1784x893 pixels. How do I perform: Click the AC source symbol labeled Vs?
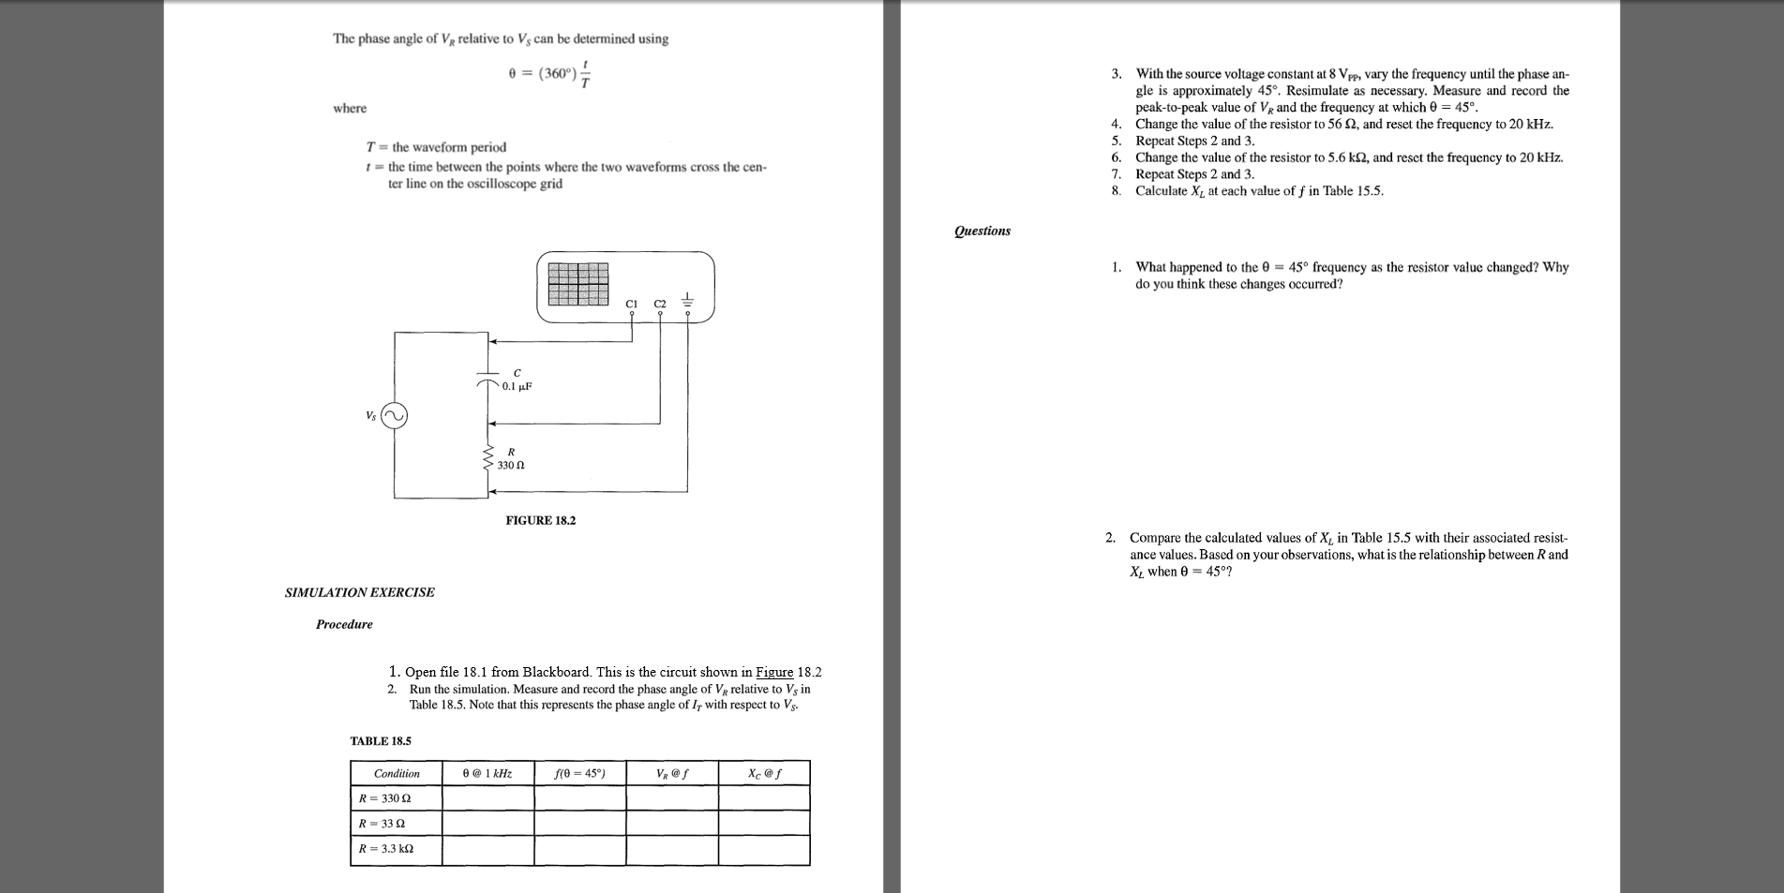pyautogui.click(x=395, y=416)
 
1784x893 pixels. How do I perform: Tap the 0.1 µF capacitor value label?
pyautogui.click(x=517, y=386)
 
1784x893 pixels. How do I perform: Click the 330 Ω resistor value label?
pyautogui.click(x=510, y=465)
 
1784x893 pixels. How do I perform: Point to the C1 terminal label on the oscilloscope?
pyautogui.click(x=631, y=304)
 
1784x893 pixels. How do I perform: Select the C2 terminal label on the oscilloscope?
pyautogui.click(x=660, y=304)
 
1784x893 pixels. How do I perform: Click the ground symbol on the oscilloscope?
pyautogui.click(x=688, y=301)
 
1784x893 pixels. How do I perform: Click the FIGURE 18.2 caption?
pyautogui.click(x=541, y=520)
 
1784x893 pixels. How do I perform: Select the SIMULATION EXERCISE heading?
pyautogui.click(x=360, y=592)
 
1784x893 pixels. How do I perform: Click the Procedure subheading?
pyautogui.click(x=344, y=624)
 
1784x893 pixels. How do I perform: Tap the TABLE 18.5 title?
pyautogui.click(x=381, y=741)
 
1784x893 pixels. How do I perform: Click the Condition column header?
pyautogui.click(x=397, y=773)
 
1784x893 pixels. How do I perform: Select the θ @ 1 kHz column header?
pyautogui.click(x=487, y=773)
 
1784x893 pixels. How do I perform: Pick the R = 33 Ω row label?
pyautogui.click(x=382, y=824)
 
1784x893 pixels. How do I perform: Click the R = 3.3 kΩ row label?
pyautogui.click(x=386, y=849)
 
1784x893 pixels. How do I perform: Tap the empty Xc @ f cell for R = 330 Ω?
pyautogui.click(x=764, y=798)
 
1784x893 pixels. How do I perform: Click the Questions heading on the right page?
pyautogui.click(x=982, y=231)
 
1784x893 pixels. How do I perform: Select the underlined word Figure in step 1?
pyautogui.click(x=774, y=672)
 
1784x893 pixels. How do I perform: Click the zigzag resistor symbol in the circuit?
pyautogui.click(x=488, y=459)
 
